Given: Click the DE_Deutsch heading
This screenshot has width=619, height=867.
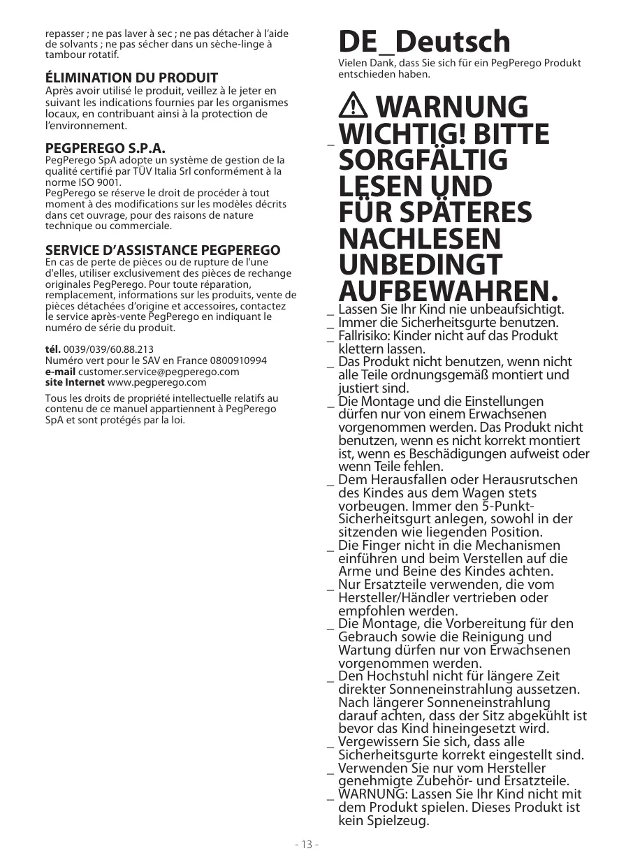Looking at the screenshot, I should [424, 43].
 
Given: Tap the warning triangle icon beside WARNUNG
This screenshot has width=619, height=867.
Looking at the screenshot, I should [355, 107].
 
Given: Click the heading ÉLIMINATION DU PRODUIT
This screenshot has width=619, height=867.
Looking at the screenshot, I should [131, 78].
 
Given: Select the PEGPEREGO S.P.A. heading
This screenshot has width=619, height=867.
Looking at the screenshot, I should [105, 148].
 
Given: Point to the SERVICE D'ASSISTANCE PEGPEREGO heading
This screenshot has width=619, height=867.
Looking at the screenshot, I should [163, 250].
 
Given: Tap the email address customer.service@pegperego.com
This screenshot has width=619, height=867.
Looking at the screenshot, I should [159, 372].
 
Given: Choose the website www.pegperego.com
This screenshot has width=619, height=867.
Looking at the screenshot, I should [157, 383].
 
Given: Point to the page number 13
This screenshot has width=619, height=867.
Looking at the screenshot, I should [307, 845].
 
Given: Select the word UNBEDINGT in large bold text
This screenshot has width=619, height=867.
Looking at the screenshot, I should [420, 265].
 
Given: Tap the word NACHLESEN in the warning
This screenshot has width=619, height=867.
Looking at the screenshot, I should [419, 239].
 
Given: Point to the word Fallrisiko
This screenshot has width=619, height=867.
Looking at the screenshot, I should [367, 336].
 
